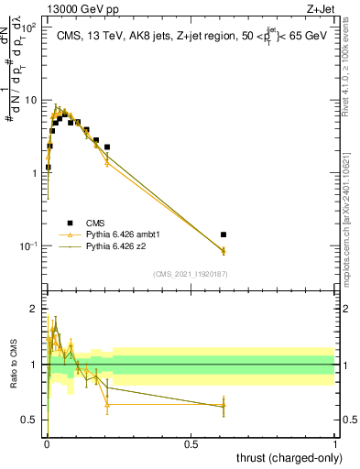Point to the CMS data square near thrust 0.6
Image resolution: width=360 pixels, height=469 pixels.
coord(224,234)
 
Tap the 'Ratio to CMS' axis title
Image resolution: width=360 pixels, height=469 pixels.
coord(13,364)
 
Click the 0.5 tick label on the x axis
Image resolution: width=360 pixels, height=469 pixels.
coord(191,443)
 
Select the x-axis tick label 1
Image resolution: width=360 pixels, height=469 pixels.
coord(335,443)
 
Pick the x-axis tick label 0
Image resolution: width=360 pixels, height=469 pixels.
coord(46,443)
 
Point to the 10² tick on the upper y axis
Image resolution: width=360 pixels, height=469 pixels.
coord(29,28)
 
